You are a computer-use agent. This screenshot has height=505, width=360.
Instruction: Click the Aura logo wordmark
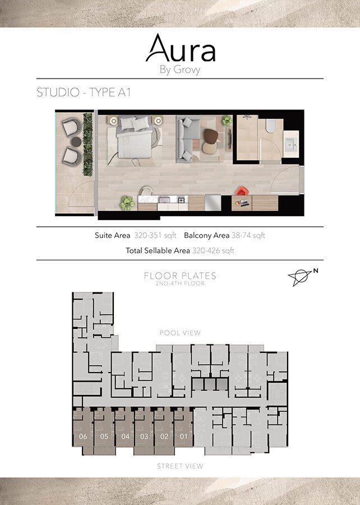(180, 49)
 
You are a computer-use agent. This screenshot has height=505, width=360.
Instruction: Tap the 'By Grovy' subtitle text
(180, 70)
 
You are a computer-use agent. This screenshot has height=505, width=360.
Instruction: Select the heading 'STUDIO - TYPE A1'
(84, 93)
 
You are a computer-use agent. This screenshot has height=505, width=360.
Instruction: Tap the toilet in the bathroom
(271, 125)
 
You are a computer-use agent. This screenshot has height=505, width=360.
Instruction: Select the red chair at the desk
(242, 192)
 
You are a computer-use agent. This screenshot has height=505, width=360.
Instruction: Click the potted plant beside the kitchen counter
(127, 201)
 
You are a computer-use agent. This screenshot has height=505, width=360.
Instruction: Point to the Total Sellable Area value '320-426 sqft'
(213, 251)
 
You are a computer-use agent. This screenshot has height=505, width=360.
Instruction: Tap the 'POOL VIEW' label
(180, 333)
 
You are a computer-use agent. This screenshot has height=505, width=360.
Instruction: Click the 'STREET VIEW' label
(180, 466)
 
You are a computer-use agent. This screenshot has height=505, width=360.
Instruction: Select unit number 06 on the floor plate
(83, 436)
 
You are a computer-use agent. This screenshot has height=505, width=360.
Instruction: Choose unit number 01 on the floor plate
(183, 436)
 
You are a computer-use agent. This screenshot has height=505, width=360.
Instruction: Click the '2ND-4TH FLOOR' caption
(180, 283)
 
